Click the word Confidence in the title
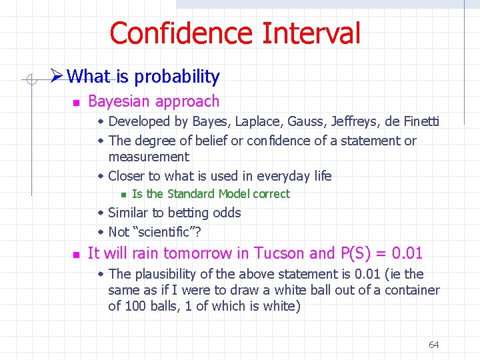pos(181,33)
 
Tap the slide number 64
pos(433,345)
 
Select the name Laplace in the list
pos(255,121)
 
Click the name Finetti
pos(419,121)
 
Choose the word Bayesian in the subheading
pos(117,101)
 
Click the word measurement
pos(149,157)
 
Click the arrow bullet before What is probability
pos(57,77)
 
